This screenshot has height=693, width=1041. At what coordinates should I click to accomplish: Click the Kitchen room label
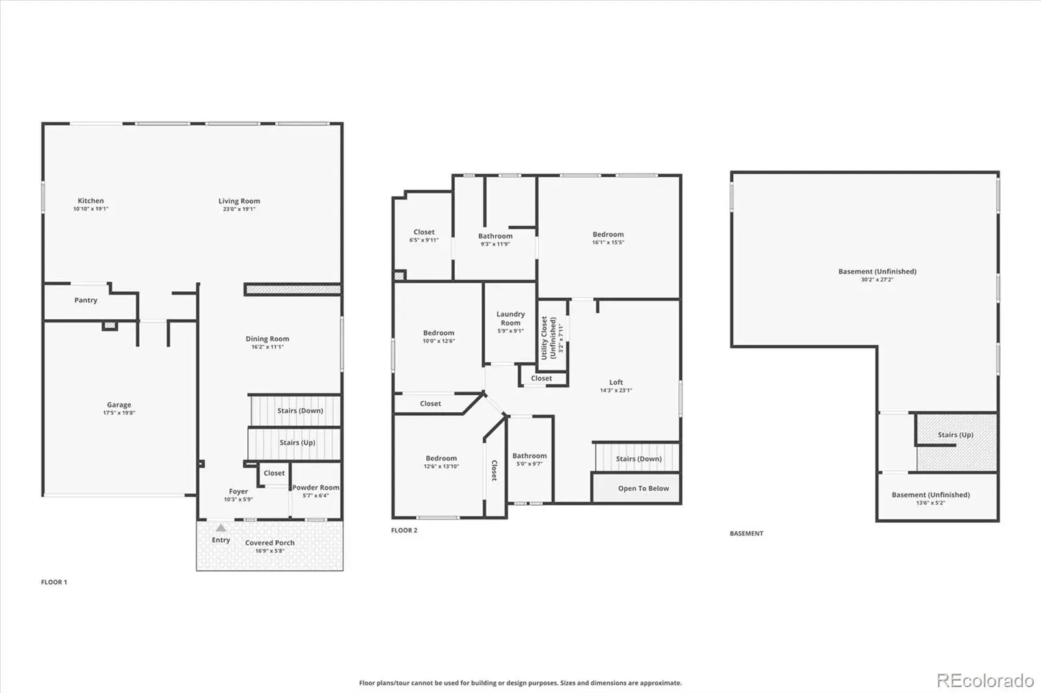tap(90, 201)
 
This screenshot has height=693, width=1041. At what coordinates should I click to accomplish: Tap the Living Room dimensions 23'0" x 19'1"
tap(239, 209)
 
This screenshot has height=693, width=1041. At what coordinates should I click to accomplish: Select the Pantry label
tap(86, 300)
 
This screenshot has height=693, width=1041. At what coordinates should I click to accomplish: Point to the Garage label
tap(119, 404)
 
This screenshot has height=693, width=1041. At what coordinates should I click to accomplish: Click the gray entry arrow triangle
tap(221, 528)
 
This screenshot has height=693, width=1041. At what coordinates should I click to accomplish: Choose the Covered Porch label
tap(269, 543)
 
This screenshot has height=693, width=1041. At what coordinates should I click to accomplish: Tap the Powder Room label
tap(316, 487)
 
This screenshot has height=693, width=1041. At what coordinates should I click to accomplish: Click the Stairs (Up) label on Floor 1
tap(297, 443)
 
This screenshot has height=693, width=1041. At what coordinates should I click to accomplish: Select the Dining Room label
tap(267, 339)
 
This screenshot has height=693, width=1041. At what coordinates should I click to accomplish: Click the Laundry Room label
tap(510, 318)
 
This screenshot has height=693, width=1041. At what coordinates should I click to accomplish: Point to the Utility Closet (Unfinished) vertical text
tap(548, 337)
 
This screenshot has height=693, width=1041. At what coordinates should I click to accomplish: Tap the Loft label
tap(615, 382)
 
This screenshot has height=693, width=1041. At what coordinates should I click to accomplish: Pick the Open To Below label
tap(643, 488)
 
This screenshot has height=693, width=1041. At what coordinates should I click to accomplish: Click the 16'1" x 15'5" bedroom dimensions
tap(608, 242)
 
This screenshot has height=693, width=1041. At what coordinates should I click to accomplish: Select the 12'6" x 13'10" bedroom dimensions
tap(441, 466)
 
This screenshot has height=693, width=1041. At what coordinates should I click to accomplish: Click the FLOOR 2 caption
tap(404, 530)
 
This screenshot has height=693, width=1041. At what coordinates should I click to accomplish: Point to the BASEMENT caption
tap(746, 533)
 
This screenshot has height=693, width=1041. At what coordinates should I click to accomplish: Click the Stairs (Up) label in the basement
tap(955, 435)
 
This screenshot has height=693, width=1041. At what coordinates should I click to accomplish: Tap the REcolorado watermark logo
tap(985, 681)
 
